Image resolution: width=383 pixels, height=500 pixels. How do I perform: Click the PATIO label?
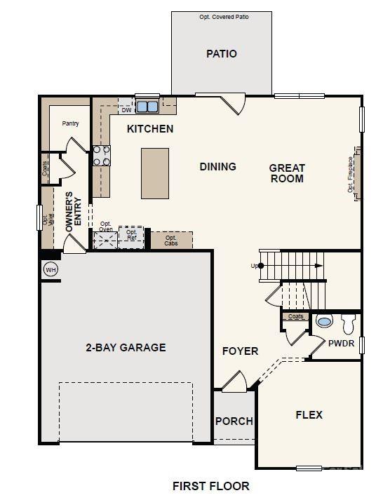pyautogui.click(x=221, y=54)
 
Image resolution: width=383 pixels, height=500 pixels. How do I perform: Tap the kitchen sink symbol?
pyautogui.click(x=147, y=107)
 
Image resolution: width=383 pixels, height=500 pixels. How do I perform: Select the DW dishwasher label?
pyautogui.click(x=126, y=110)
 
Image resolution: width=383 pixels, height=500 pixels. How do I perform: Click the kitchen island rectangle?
pyautogui.click(x=155, y=173)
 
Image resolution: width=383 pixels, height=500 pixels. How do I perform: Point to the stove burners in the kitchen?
pyautogui.click(x=102, y=155)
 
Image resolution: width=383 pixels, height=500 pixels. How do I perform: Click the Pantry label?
pyautogui.click(x=70, y=123)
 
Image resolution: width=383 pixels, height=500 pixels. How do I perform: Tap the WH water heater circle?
pyautogui.click(x=50, y=269)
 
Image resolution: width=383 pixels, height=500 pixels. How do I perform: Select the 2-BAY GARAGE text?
pyautogui.click(x=126, y=347)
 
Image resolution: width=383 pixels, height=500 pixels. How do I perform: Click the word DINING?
pyautogui.click(x=217, y=167)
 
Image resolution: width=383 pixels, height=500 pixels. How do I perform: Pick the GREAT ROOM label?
pyautogui.click(x=287, y=173)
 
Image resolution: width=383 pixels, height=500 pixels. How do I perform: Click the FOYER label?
pyautogui.click(x=240, y=351)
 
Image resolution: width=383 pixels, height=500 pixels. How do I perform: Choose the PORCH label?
pyautogui.click(x=234, y=421)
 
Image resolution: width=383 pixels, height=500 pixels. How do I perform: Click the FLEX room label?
pyautogui.click(x=309, y=414)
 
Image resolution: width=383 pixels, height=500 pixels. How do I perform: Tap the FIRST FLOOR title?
pyautogui.click(x=210, y=485)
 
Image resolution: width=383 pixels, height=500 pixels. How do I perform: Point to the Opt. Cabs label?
pyautogui.click(x=171, y=241)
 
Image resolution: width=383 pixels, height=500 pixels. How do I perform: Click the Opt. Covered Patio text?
pyautogui.click(x=221, y=16)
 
